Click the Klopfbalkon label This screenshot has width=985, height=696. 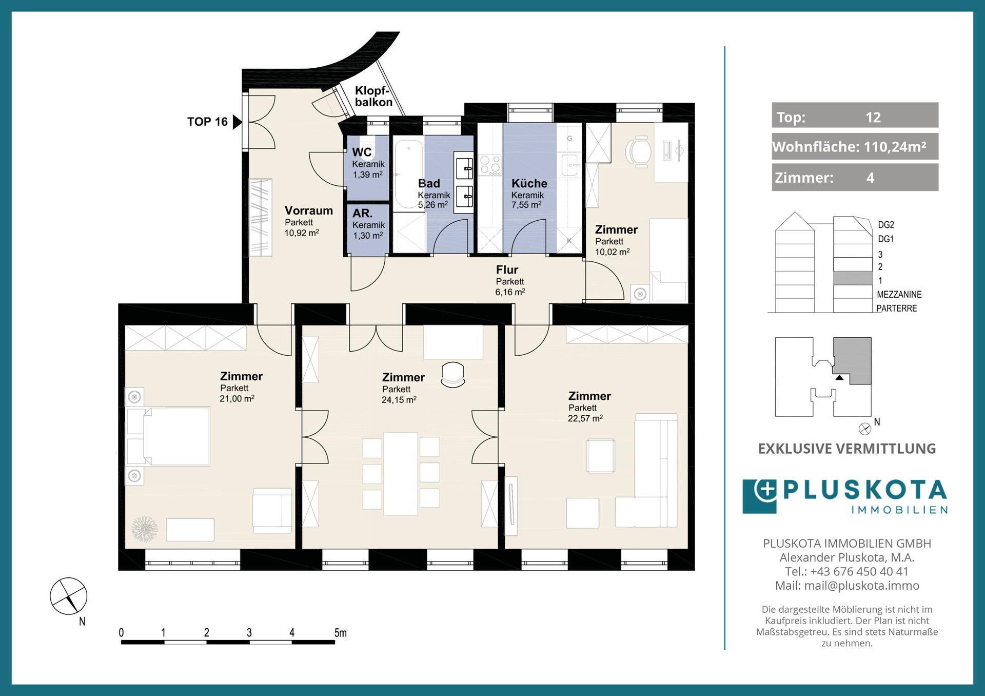(x=373, y=96)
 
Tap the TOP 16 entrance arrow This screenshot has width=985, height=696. (x=237, y=122)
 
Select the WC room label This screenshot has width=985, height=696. (x=362, y=152)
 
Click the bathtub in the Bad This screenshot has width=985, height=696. (x=408, y=175)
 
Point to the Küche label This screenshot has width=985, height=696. (x=529, y=183)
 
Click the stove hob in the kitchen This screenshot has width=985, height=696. (x=490, y=165)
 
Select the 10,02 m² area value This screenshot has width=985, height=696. (x=612, y=252)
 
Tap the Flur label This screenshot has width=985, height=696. (x=507, y=269)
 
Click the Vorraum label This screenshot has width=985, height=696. (x=309, y=210)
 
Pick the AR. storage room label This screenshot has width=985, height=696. (x=362, y=213)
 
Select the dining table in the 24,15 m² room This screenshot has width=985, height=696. (x=401, y=474)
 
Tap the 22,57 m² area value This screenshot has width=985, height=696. (x=585, y=418)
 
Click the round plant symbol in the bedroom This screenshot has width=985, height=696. (x=145, y=529)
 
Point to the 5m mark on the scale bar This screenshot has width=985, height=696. (x=340, y=633)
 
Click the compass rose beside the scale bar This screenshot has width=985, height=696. (x=68, y=596)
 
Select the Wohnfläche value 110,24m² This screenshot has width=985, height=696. (x=895, y=147)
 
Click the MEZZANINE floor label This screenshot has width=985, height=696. (x=899, y=295)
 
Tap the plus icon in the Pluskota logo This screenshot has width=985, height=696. (x=766, y=490)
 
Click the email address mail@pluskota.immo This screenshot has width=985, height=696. (x=862, y=586)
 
